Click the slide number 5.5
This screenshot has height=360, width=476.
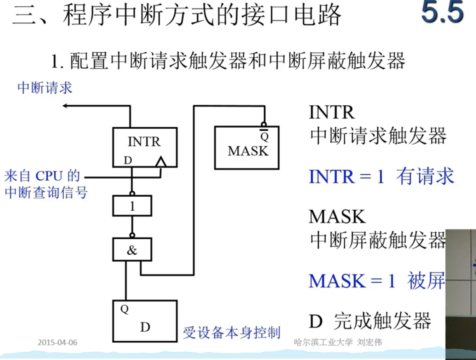click(x=442, y=12)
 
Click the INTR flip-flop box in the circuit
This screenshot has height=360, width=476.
click(x=145, y=147)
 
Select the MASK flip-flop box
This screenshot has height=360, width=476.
click(x=247, y=148)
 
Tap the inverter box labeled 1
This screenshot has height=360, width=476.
click(x=132, y=206)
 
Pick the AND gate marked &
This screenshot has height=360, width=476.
click(x=132, y=250)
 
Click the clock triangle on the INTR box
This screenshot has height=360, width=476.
click(x=161, y=162)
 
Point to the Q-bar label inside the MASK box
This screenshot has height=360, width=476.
click(x=264, y=136)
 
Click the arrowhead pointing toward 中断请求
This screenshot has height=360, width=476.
click(x=65, y=105)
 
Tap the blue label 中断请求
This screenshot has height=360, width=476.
click(x=45, y=88)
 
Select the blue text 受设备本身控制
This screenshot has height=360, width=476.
click(x=232, y=333)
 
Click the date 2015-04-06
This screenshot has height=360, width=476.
click(x=57, y=342)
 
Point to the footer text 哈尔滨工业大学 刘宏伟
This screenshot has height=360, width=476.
click(x=338, y=342)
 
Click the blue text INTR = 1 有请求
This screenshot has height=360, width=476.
click(x=381, y=176)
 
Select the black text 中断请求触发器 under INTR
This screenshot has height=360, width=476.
click(x=378, y=136)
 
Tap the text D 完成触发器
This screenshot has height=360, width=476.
click(x=370, y=321)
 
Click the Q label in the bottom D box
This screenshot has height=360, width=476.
click(x=124, y=309)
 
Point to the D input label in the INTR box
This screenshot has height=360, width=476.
click(x=128, y=160)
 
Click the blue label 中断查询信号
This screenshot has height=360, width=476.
click(x=46, y=193)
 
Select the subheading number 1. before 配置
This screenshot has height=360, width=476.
click(x=57, y=62)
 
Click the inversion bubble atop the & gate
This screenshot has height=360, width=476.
click(x=132, y=235)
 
